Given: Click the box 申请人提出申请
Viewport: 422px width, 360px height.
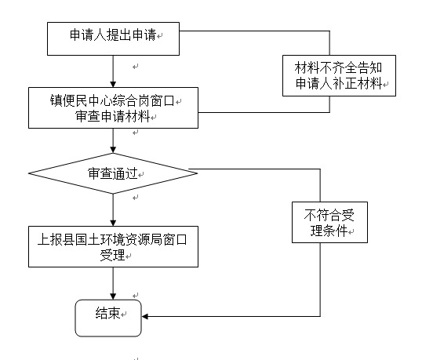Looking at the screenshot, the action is [x=113, y=38].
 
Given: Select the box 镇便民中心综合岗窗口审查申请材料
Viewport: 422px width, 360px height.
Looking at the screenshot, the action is [x=113, y=107].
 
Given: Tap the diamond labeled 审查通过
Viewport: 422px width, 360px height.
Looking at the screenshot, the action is [x=113, y=173].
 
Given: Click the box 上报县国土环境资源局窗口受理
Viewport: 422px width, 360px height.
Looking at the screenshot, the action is [x=113, y=246].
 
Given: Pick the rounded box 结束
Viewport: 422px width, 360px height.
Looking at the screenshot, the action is [x=108, y=318].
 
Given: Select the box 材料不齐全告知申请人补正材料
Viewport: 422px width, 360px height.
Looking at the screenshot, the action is [x=339, y=75].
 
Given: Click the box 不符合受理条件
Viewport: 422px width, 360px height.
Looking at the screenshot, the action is [x=329, y=222].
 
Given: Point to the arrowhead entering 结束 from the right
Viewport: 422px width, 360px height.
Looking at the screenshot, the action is [x=145, y=316].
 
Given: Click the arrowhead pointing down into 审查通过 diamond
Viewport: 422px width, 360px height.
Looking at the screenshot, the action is [x=113, y=150].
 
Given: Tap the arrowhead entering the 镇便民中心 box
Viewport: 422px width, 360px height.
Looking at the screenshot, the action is [x=113, y=84].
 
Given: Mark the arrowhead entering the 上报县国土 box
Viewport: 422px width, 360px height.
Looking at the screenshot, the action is [x=113, y=223].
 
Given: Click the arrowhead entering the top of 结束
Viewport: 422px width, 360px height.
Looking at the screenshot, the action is [x=113, y=296].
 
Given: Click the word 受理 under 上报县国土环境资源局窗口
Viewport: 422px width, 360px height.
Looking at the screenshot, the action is [x=112, y=255].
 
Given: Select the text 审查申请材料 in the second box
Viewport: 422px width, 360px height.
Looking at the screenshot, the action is [x=112, y=117].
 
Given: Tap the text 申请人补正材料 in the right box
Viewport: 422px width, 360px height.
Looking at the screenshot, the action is [x=339, y=83].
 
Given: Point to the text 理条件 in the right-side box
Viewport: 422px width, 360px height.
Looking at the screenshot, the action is [x=329, y=231].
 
